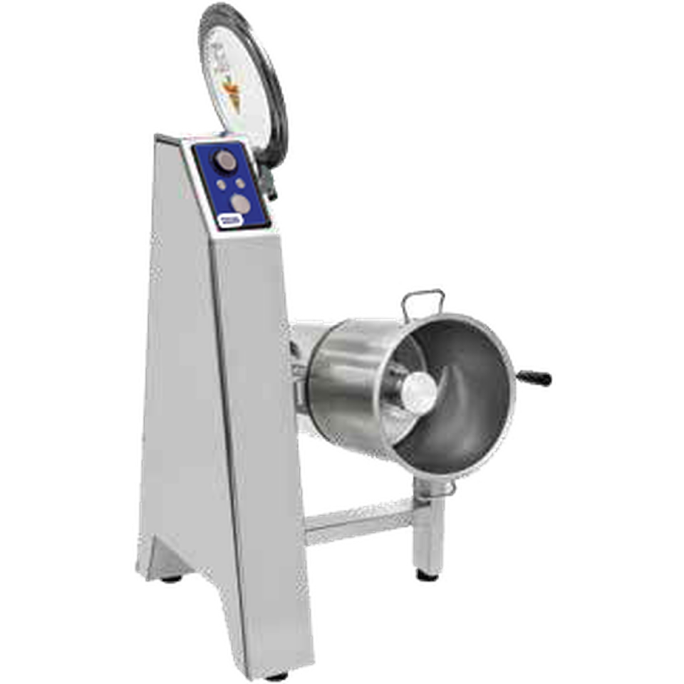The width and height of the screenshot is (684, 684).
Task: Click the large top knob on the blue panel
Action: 227,161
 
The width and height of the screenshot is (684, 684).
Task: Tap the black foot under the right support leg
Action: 425,574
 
